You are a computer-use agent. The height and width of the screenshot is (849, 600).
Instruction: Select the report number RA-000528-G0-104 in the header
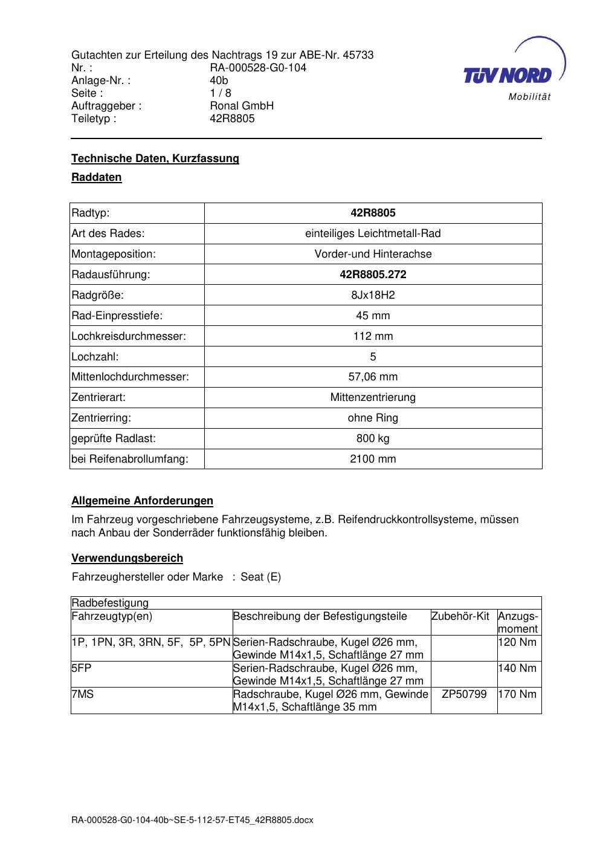(x=258, y=68)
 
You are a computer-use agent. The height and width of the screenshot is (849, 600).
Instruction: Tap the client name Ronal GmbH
(x=242, y=106)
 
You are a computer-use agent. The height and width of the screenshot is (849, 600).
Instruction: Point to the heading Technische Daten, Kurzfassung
(x=155, y=158)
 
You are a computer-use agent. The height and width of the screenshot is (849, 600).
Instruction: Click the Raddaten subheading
(x=97, y=177)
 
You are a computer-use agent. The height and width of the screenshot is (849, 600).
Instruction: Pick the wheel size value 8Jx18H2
(x=373, y=295)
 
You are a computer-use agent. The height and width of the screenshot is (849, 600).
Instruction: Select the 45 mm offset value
(x=373, y=316)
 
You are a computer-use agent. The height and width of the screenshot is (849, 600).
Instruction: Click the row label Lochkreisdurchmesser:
(x=129, y=336)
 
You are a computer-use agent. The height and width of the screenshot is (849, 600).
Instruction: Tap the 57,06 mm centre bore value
(x=373, y=377)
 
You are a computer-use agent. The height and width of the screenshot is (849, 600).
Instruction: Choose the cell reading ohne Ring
(x=373, y=418)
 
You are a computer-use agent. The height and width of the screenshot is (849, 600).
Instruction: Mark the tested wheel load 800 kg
(x=373, y=438)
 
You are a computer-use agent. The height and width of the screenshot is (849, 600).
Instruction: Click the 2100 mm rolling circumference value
(x=373, y=459)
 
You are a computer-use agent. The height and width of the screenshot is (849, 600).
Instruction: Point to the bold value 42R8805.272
(x=373, y=275)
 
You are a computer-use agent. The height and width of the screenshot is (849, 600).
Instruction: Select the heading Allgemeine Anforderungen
(x=143, y=501)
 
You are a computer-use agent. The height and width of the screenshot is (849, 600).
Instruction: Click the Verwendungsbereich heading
(x=127, y=558)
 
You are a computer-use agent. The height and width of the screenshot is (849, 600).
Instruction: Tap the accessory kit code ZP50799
(x=464, y=694)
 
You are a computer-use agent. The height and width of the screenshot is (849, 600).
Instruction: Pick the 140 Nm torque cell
(x=517, y=668)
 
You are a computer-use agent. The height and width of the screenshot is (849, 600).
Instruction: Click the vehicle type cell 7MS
(x=83, y=694)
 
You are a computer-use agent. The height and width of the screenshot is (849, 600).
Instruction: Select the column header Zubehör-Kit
(x=460, y=616)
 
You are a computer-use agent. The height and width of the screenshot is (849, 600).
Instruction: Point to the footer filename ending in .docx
(x=193, y=820)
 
